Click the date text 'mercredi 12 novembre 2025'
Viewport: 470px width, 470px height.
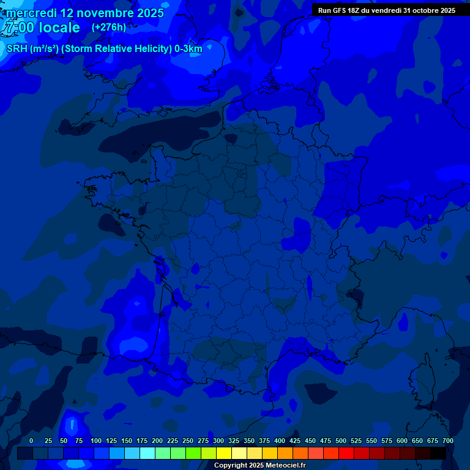click(x=85, y=13)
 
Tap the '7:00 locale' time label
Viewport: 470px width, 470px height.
click(x=42, y=28)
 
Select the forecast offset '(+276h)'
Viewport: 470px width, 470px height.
click(x=109, y=28)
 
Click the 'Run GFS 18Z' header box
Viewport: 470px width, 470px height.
click(x=387, y=10)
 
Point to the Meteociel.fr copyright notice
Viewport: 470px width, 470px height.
click(x=259, y=466)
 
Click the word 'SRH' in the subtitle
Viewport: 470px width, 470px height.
click(x=17, y=49)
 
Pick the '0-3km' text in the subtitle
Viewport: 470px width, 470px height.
click(x=188, y=49)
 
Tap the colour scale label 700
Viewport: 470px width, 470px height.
click(x=448, y=441)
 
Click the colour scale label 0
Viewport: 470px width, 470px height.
click(x=31, y=441)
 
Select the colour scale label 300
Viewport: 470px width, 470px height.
click(x=218, y=441)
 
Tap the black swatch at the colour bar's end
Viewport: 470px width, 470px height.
click(x=438, y=453)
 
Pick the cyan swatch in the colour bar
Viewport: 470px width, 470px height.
click(x=147, y=453)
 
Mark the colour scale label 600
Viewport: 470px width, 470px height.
click(x=402, y=441)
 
